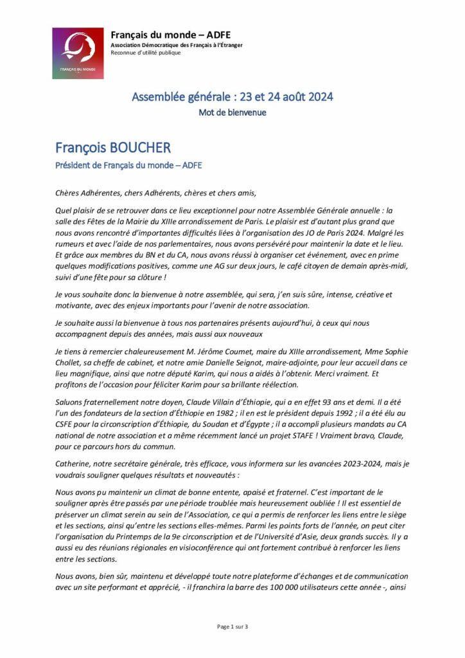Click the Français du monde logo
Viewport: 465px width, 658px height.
click(x=78, y=53)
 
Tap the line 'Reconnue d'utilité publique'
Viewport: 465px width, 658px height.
click(x=146, y=53)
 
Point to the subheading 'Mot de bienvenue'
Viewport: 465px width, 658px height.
click(x=232, y=112)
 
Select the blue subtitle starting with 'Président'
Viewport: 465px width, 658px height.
click(x=128, y=165)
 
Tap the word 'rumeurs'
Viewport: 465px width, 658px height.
click(x=71, y=244)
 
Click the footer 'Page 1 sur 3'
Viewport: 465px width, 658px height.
click(x=232, y=627)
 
